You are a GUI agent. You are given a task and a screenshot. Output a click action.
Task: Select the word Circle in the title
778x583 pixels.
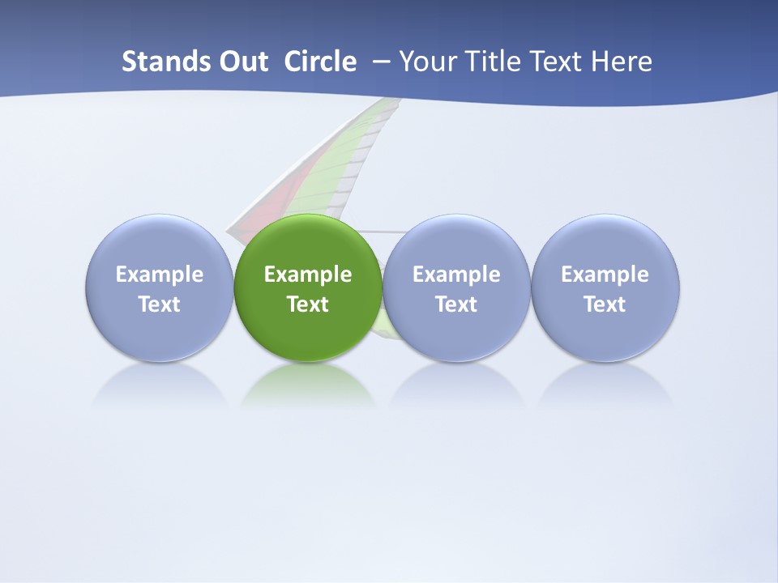pos(320,62)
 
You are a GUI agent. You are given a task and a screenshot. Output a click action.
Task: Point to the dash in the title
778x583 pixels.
pos(382,62)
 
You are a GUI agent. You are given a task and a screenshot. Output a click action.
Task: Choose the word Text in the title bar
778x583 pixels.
pos(557,62)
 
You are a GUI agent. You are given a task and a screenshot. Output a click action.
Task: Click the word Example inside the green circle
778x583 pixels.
pos(308,274)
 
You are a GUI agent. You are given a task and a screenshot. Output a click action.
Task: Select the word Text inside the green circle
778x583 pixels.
pos(308,304)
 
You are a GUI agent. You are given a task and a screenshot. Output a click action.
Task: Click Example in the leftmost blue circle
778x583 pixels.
pos(160,274)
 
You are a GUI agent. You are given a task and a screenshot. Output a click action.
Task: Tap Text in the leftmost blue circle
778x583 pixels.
pos(160,304)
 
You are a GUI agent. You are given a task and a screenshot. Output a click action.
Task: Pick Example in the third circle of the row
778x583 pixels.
pos(456,274)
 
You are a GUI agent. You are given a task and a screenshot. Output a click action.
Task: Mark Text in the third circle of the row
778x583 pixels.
pos(456,304)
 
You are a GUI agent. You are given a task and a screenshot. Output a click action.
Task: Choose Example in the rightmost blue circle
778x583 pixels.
pos(605,274)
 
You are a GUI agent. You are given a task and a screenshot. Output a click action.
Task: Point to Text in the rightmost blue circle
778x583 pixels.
pos(605,304)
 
